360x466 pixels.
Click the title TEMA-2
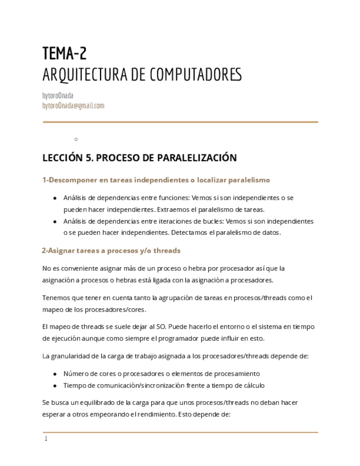click(64, 53)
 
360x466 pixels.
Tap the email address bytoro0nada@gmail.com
click(73, 106)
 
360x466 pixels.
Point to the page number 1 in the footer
click(46, 439)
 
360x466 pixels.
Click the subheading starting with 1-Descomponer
click(156, 180)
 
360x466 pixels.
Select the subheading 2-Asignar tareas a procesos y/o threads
click(111, 251)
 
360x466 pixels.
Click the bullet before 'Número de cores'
click(54, 374)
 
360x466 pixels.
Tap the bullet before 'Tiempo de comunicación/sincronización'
click(54, 385)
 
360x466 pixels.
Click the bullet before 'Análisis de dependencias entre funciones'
click(54, 198)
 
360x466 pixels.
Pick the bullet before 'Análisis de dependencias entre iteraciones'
click(54, 221)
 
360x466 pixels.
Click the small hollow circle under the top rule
click(76, 139)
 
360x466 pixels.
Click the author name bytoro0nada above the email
click(58, 96)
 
